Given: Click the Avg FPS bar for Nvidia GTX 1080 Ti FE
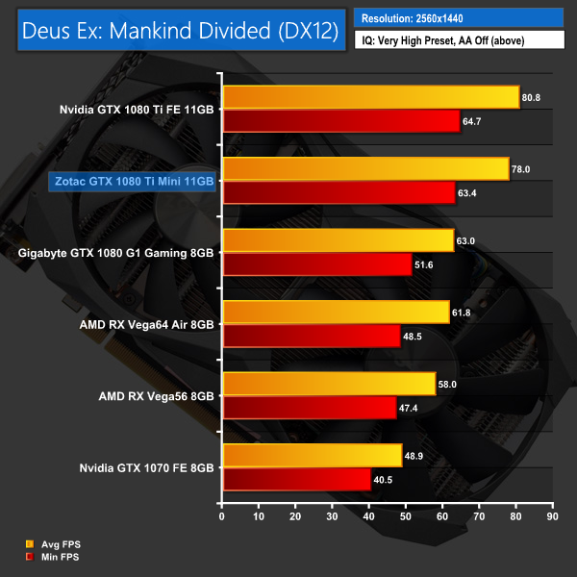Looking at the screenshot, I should (x=370, y=97).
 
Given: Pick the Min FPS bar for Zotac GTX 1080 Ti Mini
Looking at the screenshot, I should (x=339, y=193).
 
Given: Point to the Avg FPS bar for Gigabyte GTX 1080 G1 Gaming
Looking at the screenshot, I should (x=338, y=240).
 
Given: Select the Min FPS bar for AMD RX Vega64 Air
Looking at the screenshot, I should (x=311, y=336).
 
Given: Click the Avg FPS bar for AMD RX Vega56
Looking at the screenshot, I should (x=329, y=384).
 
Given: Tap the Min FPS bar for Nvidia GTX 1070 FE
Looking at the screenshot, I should (x=296, y=479).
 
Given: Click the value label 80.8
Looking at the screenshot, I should (x=535, y=97).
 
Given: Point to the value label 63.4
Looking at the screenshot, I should (x=470, y=193).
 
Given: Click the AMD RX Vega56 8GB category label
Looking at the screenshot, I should (x=157, y=395).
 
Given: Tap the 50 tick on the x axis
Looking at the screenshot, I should (x=405, y=517).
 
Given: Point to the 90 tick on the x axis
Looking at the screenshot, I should (x=551, y=517).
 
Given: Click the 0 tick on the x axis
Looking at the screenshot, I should (x=222, y=517).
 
